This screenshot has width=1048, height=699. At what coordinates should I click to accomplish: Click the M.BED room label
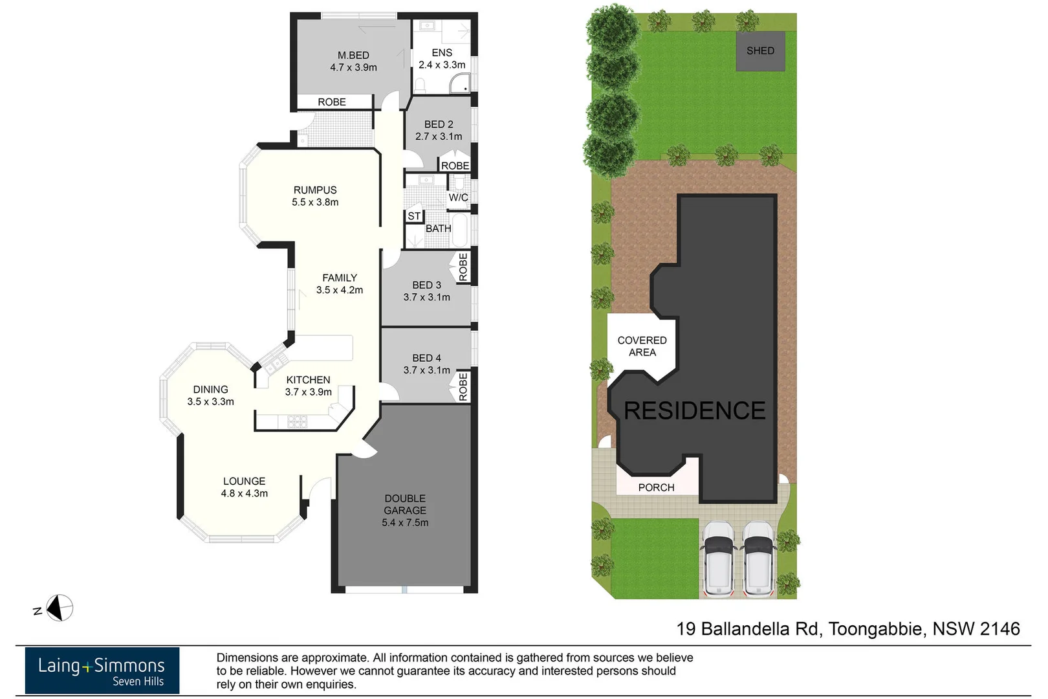[x=353, y=56]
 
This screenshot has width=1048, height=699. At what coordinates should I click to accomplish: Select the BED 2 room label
[x=439, y=124]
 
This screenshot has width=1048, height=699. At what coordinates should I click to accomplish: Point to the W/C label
[x=458, y=197]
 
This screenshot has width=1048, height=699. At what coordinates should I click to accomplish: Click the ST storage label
[x=414, y=216]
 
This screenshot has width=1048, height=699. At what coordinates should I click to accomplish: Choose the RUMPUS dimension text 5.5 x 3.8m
[x=315, y=202]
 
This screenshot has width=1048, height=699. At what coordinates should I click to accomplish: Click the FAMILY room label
[x=340, y=278]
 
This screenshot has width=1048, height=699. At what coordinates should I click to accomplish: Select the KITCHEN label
[x=308, y=380]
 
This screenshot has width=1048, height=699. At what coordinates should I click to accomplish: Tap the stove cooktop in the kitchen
[x=297, y=422]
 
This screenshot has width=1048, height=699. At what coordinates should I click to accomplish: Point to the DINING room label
[x=210, y=390]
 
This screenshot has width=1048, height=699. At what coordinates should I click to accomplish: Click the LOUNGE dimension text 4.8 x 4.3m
[x=244, y=493]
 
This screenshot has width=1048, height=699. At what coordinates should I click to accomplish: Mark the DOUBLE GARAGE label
[x=405, y=504]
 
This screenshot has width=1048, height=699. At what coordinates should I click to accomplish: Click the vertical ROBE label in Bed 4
[x=463, y=387]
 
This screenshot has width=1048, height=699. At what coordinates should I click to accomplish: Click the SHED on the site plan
[x=760, y=51]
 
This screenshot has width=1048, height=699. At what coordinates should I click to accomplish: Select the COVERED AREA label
[x=642, y=346]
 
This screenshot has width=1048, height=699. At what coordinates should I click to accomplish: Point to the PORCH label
[x=656, y=487]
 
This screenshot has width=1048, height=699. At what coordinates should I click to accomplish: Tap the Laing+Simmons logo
[x=102, y=671]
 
